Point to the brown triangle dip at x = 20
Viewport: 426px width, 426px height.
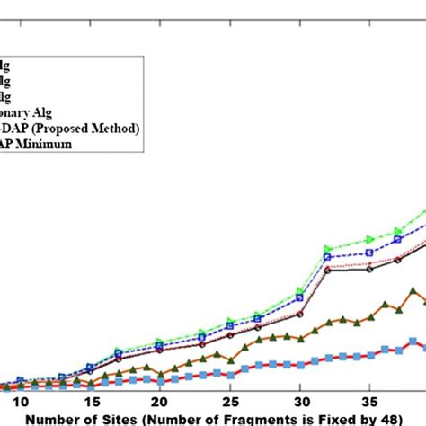(159, 373)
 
